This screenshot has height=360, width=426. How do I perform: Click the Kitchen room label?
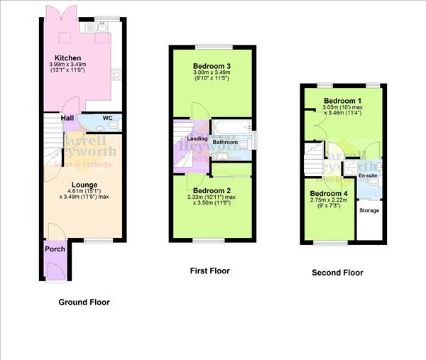pos(68,58)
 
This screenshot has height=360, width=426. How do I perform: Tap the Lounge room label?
pos(84,185)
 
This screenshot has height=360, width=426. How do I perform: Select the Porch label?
pos(55,249)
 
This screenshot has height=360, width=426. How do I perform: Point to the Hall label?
pos(68,119)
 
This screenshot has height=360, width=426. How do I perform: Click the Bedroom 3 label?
pos(211,66)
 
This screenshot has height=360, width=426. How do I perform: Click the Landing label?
pos(187,138)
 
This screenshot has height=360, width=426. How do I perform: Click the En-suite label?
pos(368,175)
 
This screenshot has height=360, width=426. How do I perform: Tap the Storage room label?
pos(368,211)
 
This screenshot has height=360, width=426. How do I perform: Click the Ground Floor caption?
pos(84,302)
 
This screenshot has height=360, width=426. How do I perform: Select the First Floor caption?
pos(210,271)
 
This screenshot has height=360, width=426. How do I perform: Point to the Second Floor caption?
pos(338,273)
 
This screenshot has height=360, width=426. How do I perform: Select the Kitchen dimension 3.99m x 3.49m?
pos(68,66)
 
